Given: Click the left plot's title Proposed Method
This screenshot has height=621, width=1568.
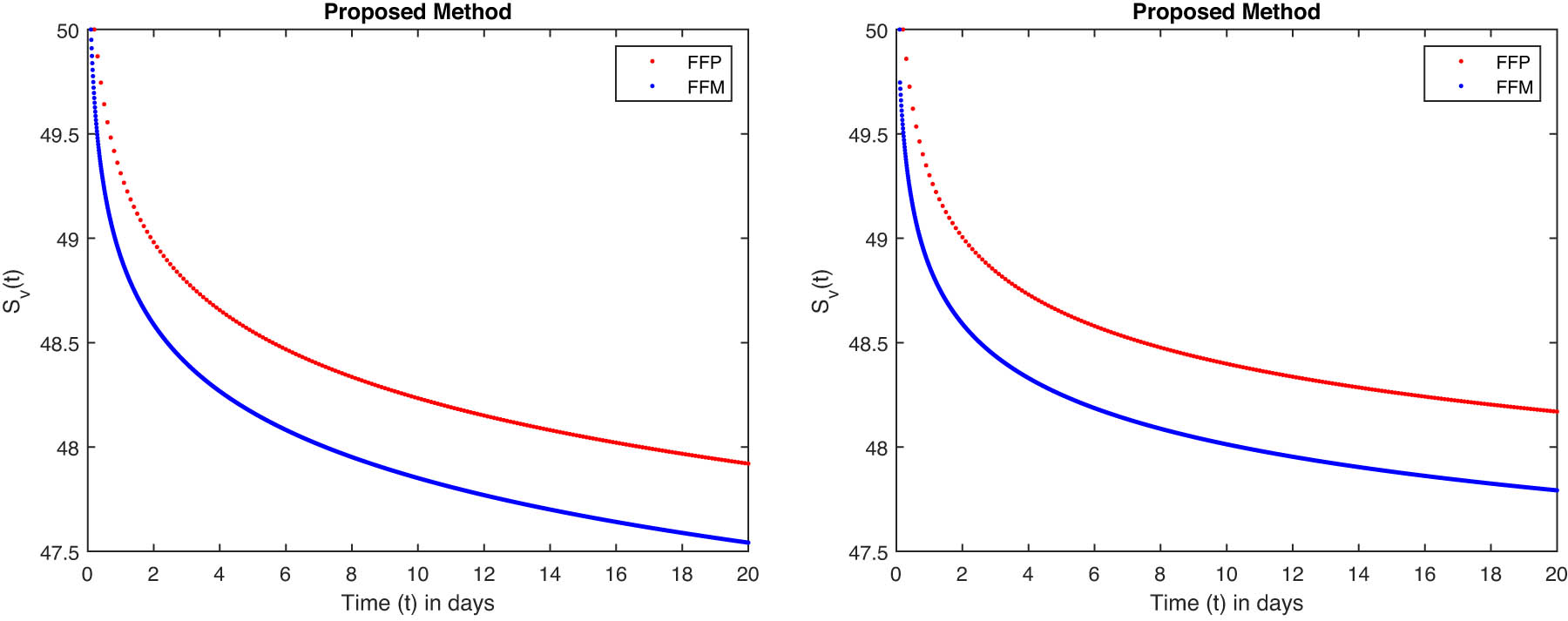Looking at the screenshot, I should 417,12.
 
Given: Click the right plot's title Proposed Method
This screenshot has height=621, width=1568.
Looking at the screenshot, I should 1226,12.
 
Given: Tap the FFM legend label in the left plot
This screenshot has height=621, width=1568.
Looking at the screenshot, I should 706,87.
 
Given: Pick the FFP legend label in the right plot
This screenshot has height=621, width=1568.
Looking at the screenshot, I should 1512,62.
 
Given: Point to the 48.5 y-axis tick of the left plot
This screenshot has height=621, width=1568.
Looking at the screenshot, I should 59,344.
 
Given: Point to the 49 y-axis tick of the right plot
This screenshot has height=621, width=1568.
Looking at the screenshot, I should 876,240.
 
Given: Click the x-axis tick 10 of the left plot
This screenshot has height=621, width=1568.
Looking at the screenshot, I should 417,574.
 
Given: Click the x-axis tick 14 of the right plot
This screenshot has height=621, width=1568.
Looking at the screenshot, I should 1358,574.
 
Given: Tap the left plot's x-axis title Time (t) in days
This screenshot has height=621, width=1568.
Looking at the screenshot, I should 417,603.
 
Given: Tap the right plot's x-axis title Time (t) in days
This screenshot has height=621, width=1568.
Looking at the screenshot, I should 1226,603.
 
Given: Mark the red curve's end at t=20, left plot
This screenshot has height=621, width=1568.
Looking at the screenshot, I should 747,463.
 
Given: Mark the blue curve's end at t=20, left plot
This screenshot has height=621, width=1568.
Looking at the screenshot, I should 747,543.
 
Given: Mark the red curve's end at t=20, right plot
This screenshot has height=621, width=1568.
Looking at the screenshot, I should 1556,411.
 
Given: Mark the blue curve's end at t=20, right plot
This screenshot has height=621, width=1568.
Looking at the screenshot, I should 1556,490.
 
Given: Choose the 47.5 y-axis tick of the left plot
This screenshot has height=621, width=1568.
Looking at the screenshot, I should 59,553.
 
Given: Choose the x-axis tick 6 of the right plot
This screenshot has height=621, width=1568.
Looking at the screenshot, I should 1093,574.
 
